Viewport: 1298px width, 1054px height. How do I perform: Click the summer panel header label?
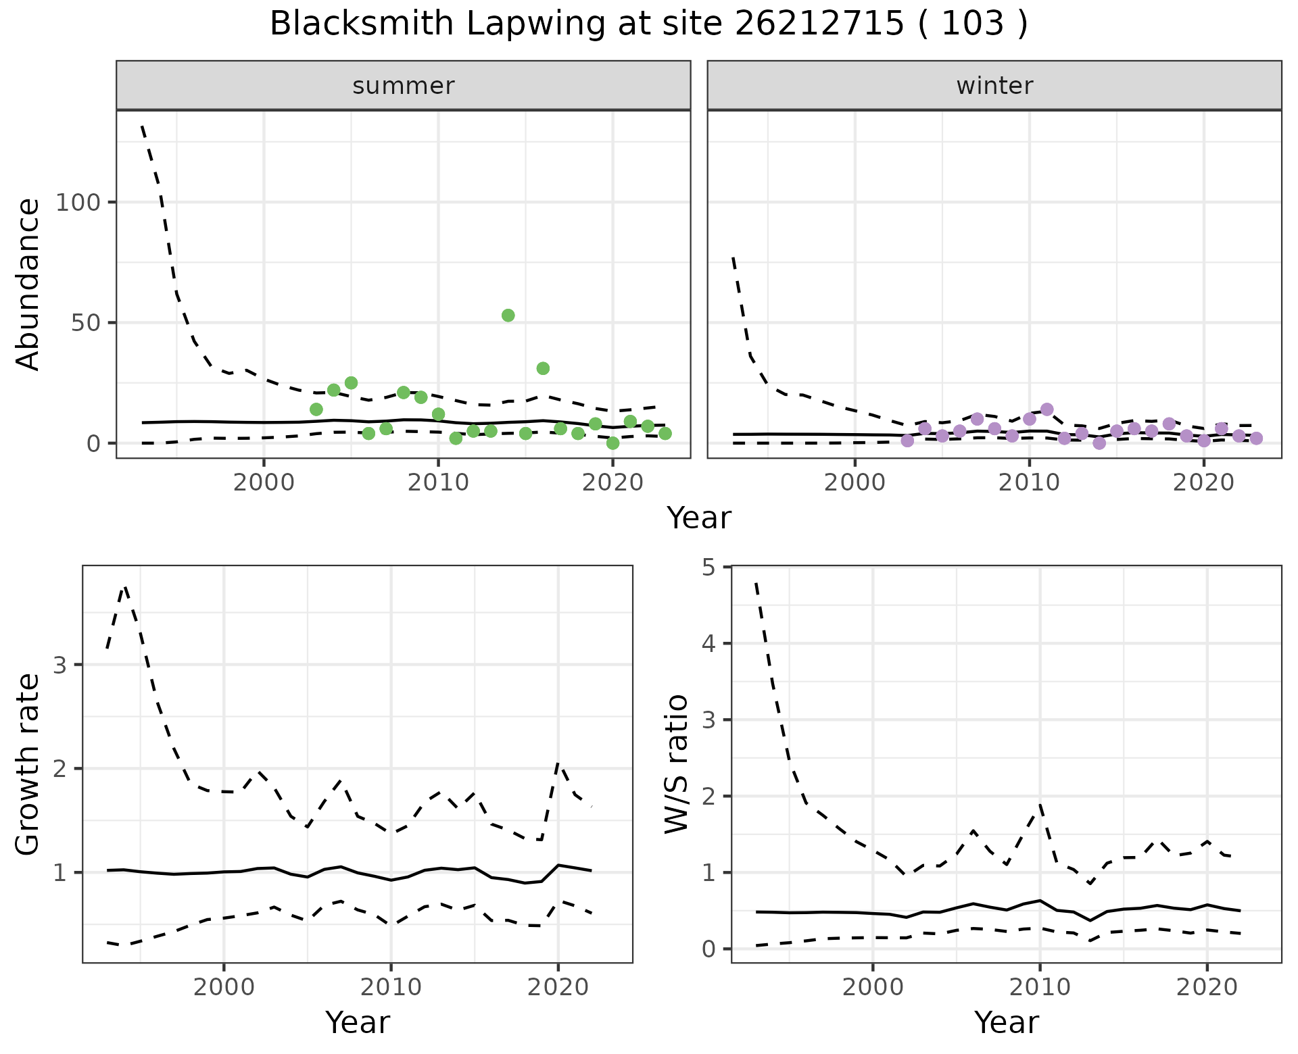coord(403,86)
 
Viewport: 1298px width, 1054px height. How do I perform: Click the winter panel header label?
coord(994,86)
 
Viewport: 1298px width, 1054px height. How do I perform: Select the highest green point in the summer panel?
coord(508,316)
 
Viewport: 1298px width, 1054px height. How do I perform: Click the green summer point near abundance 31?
coord(543,368)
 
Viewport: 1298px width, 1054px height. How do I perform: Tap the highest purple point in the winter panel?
coord(1047,409)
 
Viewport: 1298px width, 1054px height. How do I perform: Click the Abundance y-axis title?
coord(28,284)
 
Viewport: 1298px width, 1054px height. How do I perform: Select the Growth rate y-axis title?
coord(28,764)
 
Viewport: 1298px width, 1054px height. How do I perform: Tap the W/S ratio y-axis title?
coord(676,764)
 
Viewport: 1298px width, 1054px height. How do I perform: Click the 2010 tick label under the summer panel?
coord(438,483)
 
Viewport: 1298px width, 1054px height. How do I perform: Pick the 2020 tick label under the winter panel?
coord(1203,483)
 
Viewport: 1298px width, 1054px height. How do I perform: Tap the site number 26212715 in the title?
coord(819,24)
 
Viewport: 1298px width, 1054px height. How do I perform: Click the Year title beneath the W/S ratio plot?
coord(1006,1023)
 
